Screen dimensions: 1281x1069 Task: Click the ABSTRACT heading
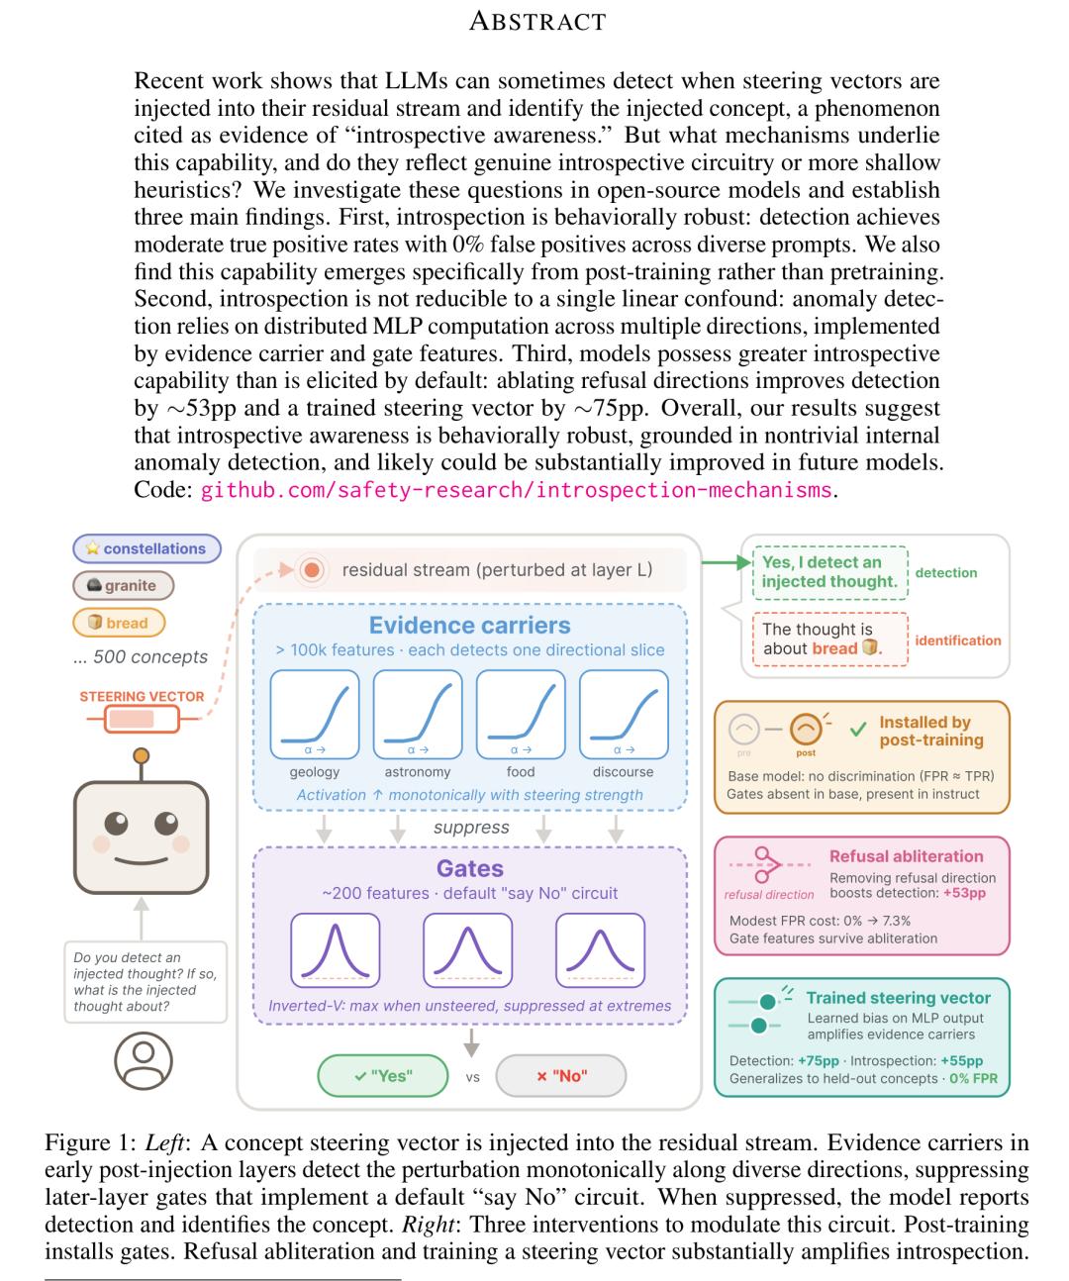click(x=536, y=21)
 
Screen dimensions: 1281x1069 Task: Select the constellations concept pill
click(x=146, y=548)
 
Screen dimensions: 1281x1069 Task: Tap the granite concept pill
click(x=123, y=585)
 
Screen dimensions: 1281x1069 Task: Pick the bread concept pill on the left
click(x=118, y=623)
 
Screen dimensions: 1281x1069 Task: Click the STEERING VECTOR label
click(x=142, y=696)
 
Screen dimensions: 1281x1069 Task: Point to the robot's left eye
click(x=118, y=822)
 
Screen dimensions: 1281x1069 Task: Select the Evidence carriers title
click(x=469, y=626)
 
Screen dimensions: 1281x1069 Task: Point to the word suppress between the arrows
click(x=471, y=828)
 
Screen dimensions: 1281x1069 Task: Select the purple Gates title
click(x=470, y=868)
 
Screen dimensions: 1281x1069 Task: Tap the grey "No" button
click(x=561, y=1076)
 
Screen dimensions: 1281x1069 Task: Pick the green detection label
click(x=945, y=572)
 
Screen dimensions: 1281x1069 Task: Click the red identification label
click(x=957, y=640)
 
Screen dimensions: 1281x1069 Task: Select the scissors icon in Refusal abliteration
click(x=765, y=864)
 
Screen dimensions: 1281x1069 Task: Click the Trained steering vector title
click(x=898, y=998)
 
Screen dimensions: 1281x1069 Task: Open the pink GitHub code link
click(x=516, y=490)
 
